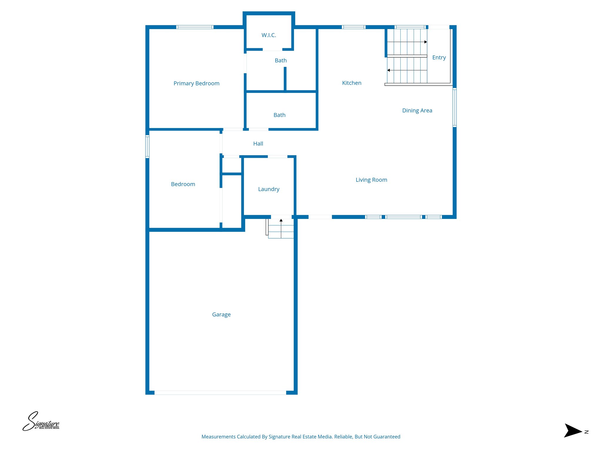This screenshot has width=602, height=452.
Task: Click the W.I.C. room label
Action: click(269, 35)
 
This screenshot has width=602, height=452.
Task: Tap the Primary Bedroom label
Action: click(196, 83)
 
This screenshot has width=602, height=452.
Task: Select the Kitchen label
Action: click(352, 83)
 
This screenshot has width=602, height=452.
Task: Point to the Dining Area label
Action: click(417, 111)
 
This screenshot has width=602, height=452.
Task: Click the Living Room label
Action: click(371, 180)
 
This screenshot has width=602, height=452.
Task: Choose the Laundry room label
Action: click(269, 189)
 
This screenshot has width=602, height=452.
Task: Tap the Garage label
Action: click(221, 315)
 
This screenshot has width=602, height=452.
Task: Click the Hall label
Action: click(258, 144)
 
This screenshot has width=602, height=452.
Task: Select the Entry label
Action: click(439, 58)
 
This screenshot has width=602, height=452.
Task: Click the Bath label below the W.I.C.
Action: click(281, 61)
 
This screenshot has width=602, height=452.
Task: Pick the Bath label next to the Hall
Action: click(279, 115)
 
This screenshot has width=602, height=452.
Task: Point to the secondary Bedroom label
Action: click(183, 184)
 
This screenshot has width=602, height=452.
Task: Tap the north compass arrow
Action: click(573, 431)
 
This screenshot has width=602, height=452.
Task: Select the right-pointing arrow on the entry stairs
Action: click(425, 42)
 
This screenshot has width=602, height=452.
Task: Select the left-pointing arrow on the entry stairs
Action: click(389, 70)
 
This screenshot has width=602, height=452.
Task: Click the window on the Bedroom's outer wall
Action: click(148, 147)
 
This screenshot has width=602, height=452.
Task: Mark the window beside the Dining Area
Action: click(454, 108)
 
